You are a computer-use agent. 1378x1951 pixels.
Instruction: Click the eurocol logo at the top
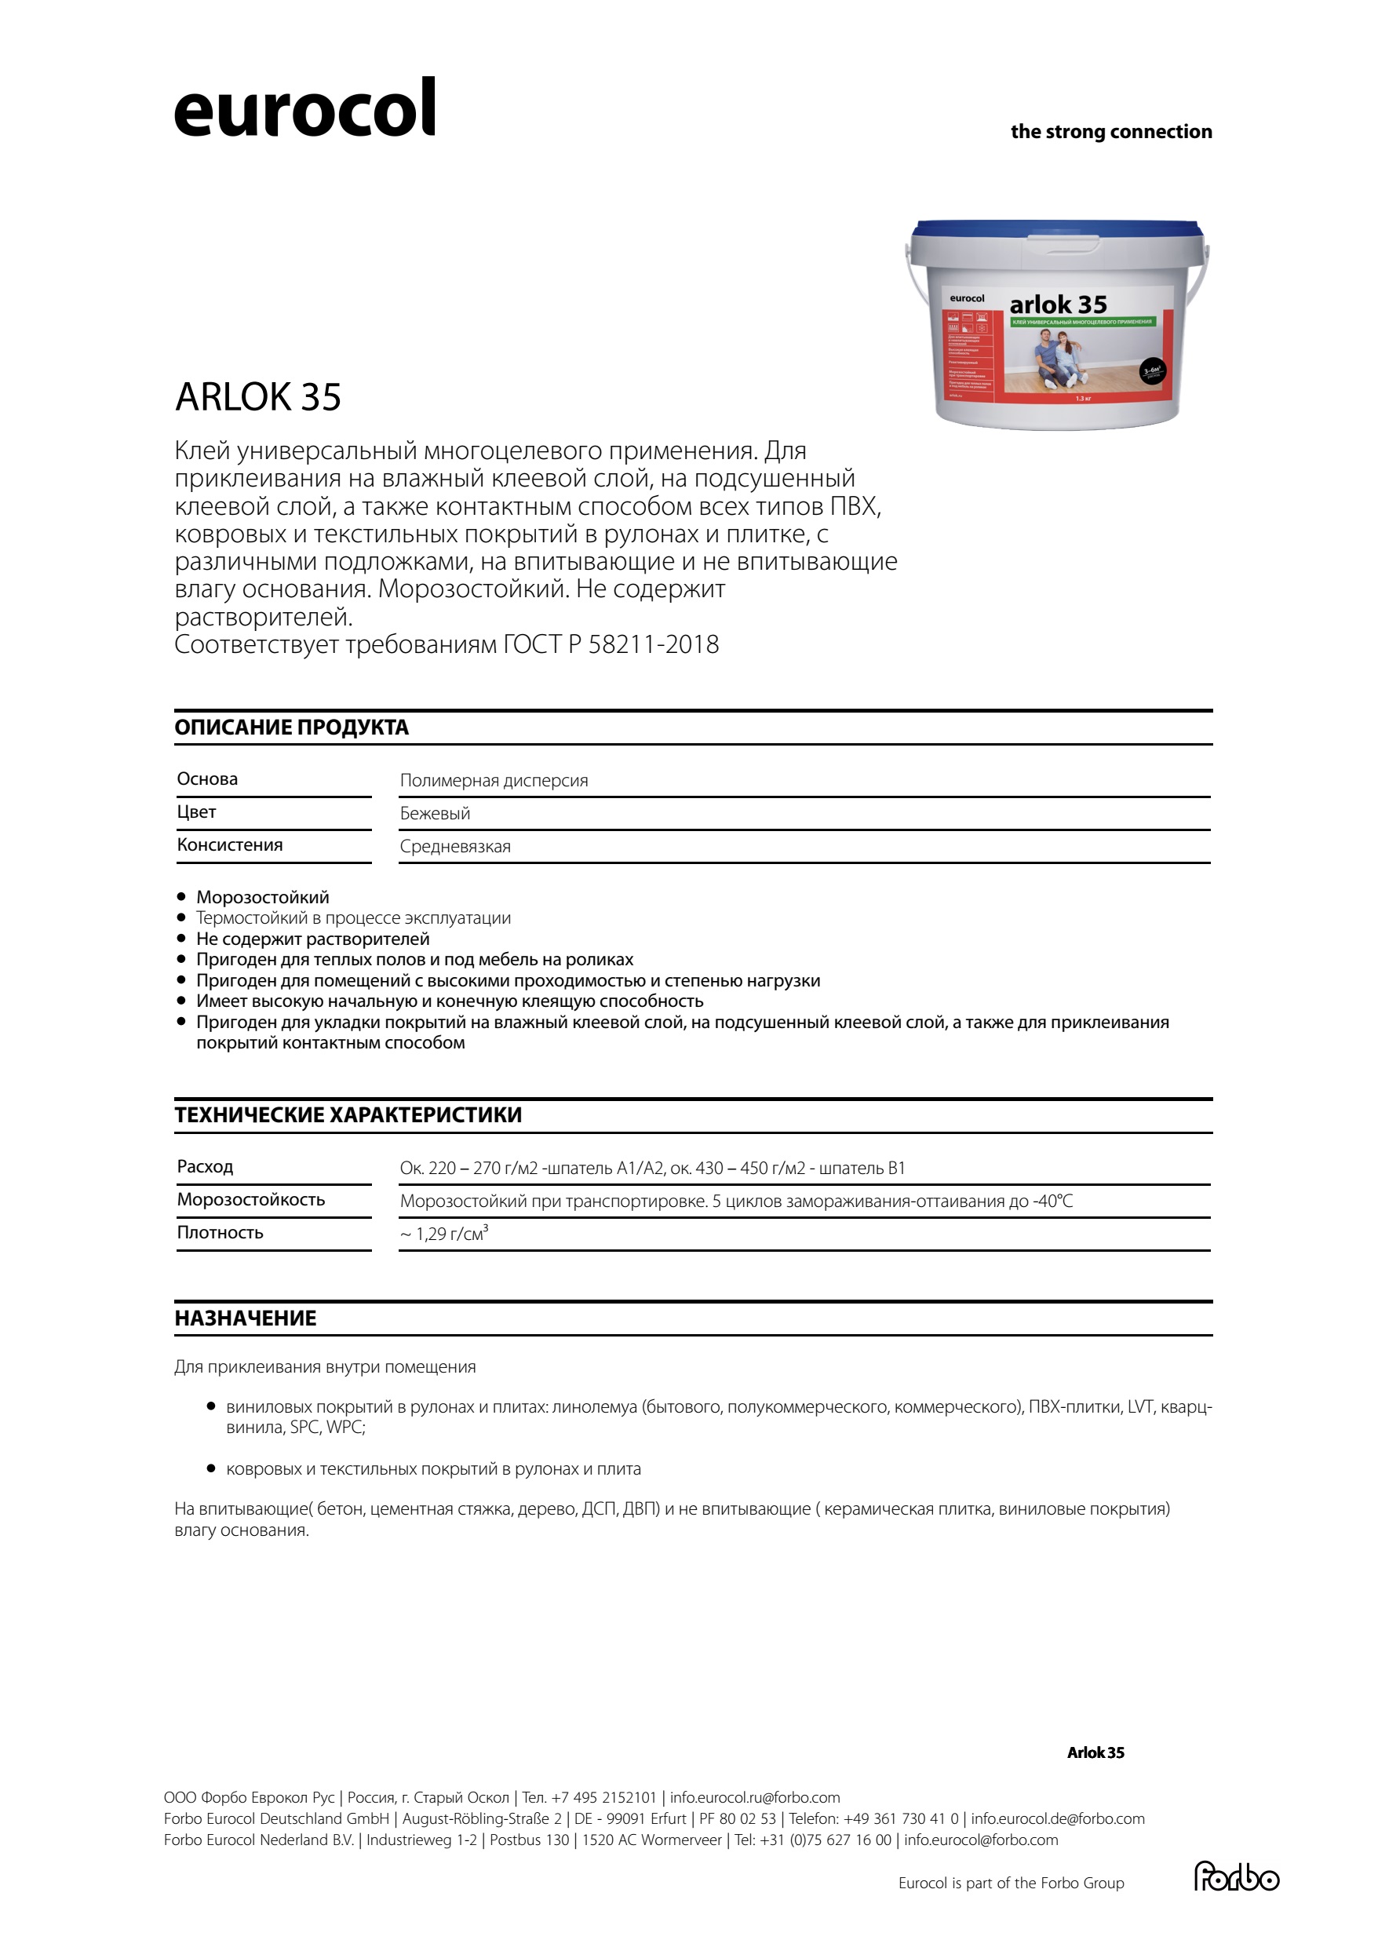(x=304, y=109)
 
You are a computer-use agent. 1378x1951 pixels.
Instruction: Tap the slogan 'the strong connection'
(x=1110, y=132)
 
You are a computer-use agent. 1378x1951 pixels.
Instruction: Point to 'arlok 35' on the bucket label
(x=1058, y=305)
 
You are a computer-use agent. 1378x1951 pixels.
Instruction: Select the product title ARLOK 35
(x=257, y=397)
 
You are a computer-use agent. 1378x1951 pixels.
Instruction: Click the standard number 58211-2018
(x=654, y=644)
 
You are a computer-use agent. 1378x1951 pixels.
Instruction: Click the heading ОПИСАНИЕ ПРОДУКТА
(x=291, y=728)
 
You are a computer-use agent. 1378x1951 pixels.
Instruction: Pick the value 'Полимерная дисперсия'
(x=494, y=780)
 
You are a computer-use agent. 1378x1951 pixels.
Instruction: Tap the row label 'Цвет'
(x=196, y=811)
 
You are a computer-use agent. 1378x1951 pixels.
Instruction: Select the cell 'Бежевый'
(x=435, y=813)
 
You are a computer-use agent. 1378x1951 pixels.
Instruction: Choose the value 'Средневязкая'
(x=455, y=846)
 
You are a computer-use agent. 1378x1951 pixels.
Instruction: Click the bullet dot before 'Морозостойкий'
(x=181, y=896)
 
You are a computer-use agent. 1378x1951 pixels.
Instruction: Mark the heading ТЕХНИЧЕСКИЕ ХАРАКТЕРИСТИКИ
(x=348, y=1115)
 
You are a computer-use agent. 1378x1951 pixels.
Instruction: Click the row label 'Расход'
(x=205, y=1167)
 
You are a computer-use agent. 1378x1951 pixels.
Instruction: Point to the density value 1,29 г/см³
(x=445, y=1233)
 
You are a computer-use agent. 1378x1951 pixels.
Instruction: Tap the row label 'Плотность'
(x=220, y=1232)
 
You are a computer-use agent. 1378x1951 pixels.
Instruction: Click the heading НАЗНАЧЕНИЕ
(x=246, y=1318)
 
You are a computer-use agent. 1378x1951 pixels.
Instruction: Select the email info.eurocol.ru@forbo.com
(x=754, y=1797)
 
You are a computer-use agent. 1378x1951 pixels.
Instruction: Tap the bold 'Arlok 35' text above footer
(x=1095, y=1752)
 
